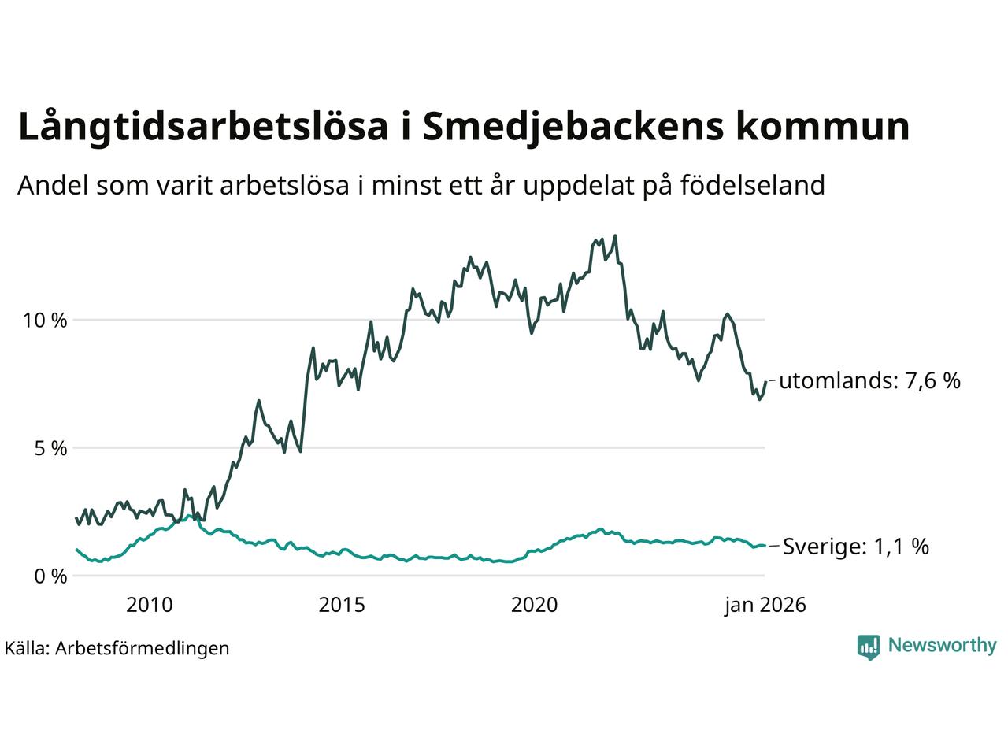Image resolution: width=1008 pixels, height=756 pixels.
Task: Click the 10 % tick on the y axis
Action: pyautogui.click(x=47, y=321)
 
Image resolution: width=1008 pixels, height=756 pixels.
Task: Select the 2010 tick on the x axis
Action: pyautogui.click(x=150, y=605)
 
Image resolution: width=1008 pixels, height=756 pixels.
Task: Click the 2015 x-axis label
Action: pyautogui.click(x=342, y=605)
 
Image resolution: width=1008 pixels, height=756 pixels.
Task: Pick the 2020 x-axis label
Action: pyautogui.click(x=534, y=605)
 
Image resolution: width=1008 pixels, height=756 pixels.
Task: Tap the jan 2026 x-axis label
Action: pyautogui.click(x=765, y=605)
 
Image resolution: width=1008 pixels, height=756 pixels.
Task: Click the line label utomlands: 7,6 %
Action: pyautogui.click(x=869, y=381)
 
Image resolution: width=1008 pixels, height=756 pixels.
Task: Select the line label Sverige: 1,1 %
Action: pyautogui.click(x=855, y=547)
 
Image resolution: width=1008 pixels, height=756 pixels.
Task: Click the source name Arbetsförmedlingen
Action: pyautogui.click(x=143, y=648)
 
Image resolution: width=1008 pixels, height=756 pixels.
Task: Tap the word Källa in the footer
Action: pyautogui.click(x=27, y=648)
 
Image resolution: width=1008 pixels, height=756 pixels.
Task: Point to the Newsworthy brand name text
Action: pyautogui.click(x=942, y=646)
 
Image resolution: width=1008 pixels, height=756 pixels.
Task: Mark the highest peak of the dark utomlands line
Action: pyautogui.click(x=615, y=235)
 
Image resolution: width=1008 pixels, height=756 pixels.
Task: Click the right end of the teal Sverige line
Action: pyautogui.click(x=764, y=546)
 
